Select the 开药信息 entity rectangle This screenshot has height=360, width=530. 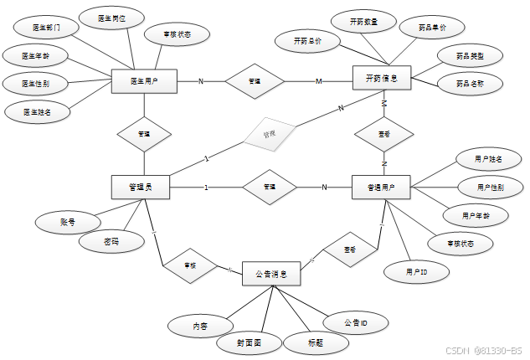[x=381, y=79]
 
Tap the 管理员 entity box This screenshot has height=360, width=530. [x=141, y=187]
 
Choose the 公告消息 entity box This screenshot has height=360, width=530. [x=271, y=273]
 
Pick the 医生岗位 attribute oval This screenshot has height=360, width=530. [x=115, y=18]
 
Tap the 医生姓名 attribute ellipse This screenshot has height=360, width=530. [x=36, y=111]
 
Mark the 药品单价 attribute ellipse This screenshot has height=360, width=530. [x=432, y=28]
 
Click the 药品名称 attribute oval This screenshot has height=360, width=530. [x=468, y=84]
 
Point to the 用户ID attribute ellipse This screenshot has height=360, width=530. [x=416, y=272]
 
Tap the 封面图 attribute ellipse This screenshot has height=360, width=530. [x=249, y=343]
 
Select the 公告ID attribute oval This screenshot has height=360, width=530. [x=355, y=322]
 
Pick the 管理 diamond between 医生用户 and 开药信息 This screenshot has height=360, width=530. [x=255, y=81]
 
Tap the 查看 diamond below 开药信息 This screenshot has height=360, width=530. [x=383, y=133]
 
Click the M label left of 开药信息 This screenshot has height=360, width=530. [x=318, y=81]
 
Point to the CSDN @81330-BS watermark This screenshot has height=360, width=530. [x=482, y=351]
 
